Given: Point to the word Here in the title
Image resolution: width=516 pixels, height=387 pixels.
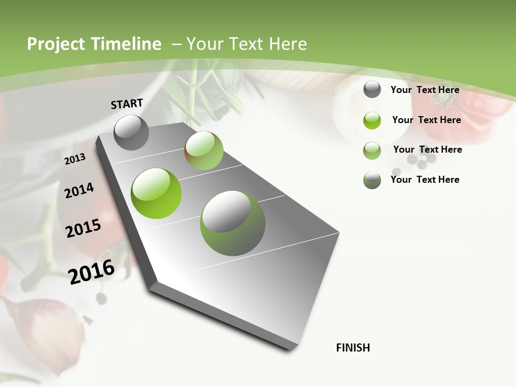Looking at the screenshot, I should point(288,44).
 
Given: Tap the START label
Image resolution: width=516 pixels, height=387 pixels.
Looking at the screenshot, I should point(127,104).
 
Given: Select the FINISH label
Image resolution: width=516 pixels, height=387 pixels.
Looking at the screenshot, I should point(353,348).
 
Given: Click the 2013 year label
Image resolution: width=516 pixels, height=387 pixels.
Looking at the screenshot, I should point(75,159).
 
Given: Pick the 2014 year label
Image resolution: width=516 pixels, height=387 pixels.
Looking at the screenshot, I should point(79,190).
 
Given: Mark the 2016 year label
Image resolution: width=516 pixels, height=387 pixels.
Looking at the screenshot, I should point(91,271).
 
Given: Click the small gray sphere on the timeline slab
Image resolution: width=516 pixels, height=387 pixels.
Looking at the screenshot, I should point(131,132).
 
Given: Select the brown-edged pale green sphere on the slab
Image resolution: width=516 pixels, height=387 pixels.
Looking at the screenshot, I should point(204,150).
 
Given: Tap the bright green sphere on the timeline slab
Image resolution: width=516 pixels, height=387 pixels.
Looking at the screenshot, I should point(156,193).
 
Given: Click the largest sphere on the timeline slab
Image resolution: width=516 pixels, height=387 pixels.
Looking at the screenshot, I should point(232,223).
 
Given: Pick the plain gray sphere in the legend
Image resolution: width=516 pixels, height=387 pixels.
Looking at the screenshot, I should point(372,89).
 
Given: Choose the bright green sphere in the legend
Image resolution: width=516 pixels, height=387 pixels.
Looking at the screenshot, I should point(372,120).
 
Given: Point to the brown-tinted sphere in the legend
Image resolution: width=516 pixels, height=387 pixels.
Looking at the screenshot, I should point(372,150).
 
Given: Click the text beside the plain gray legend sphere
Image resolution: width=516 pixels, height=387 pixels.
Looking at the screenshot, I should point(425,90).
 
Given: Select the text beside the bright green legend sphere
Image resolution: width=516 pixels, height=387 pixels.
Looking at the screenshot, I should point(426,120).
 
